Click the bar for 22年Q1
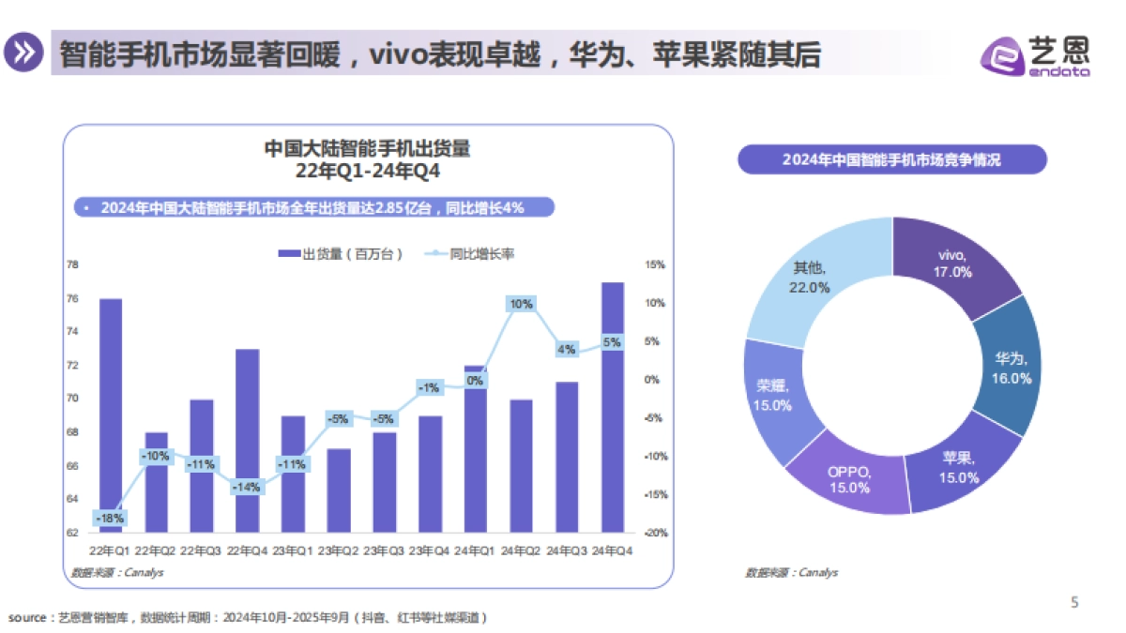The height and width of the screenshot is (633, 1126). (110, 403)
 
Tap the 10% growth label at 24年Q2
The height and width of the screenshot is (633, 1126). (521, 304)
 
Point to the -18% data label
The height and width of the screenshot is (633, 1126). (110, 518)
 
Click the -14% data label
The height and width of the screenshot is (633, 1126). (248, 487)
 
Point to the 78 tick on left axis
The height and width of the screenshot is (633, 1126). (71, 264)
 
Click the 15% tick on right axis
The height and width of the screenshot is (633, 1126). (654, 264)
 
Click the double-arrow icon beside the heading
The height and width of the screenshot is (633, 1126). (23, 53)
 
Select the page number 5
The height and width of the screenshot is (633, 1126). (1074, 603)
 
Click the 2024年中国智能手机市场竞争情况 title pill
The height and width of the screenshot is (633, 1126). (891, 159)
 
